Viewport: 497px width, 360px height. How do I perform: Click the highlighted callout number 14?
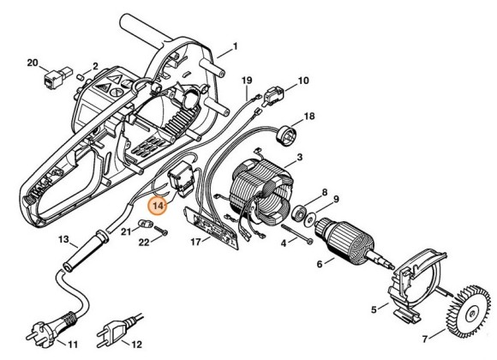159,206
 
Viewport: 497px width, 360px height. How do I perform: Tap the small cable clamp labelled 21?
147,224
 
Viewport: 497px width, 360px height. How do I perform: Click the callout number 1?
235,45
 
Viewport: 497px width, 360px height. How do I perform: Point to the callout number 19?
247,81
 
